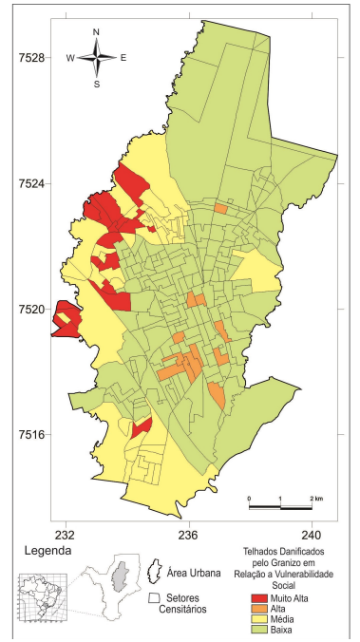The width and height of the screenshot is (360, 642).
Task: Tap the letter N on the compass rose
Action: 96,32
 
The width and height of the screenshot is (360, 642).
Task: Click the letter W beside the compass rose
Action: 70,58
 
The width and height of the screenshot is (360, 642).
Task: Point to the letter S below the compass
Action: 96,84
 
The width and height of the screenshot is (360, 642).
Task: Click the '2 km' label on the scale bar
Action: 316,498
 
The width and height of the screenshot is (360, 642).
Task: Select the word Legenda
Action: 37,550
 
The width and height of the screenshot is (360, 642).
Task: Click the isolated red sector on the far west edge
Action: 65,320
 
